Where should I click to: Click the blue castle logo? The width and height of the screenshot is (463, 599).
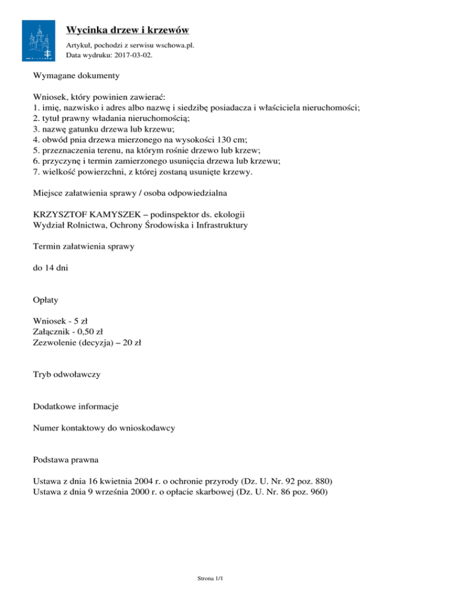click(40, 40)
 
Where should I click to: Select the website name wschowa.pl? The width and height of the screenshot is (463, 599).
click(175, 45)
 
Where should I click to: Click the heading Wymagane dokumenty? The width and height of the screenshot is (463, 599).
click(76, 77)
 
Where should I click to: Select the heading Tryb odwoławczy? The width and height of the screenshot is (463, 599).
click(67, 374)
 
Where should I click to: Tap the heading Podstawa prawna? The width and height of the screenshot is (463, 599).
click(67, 460)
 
